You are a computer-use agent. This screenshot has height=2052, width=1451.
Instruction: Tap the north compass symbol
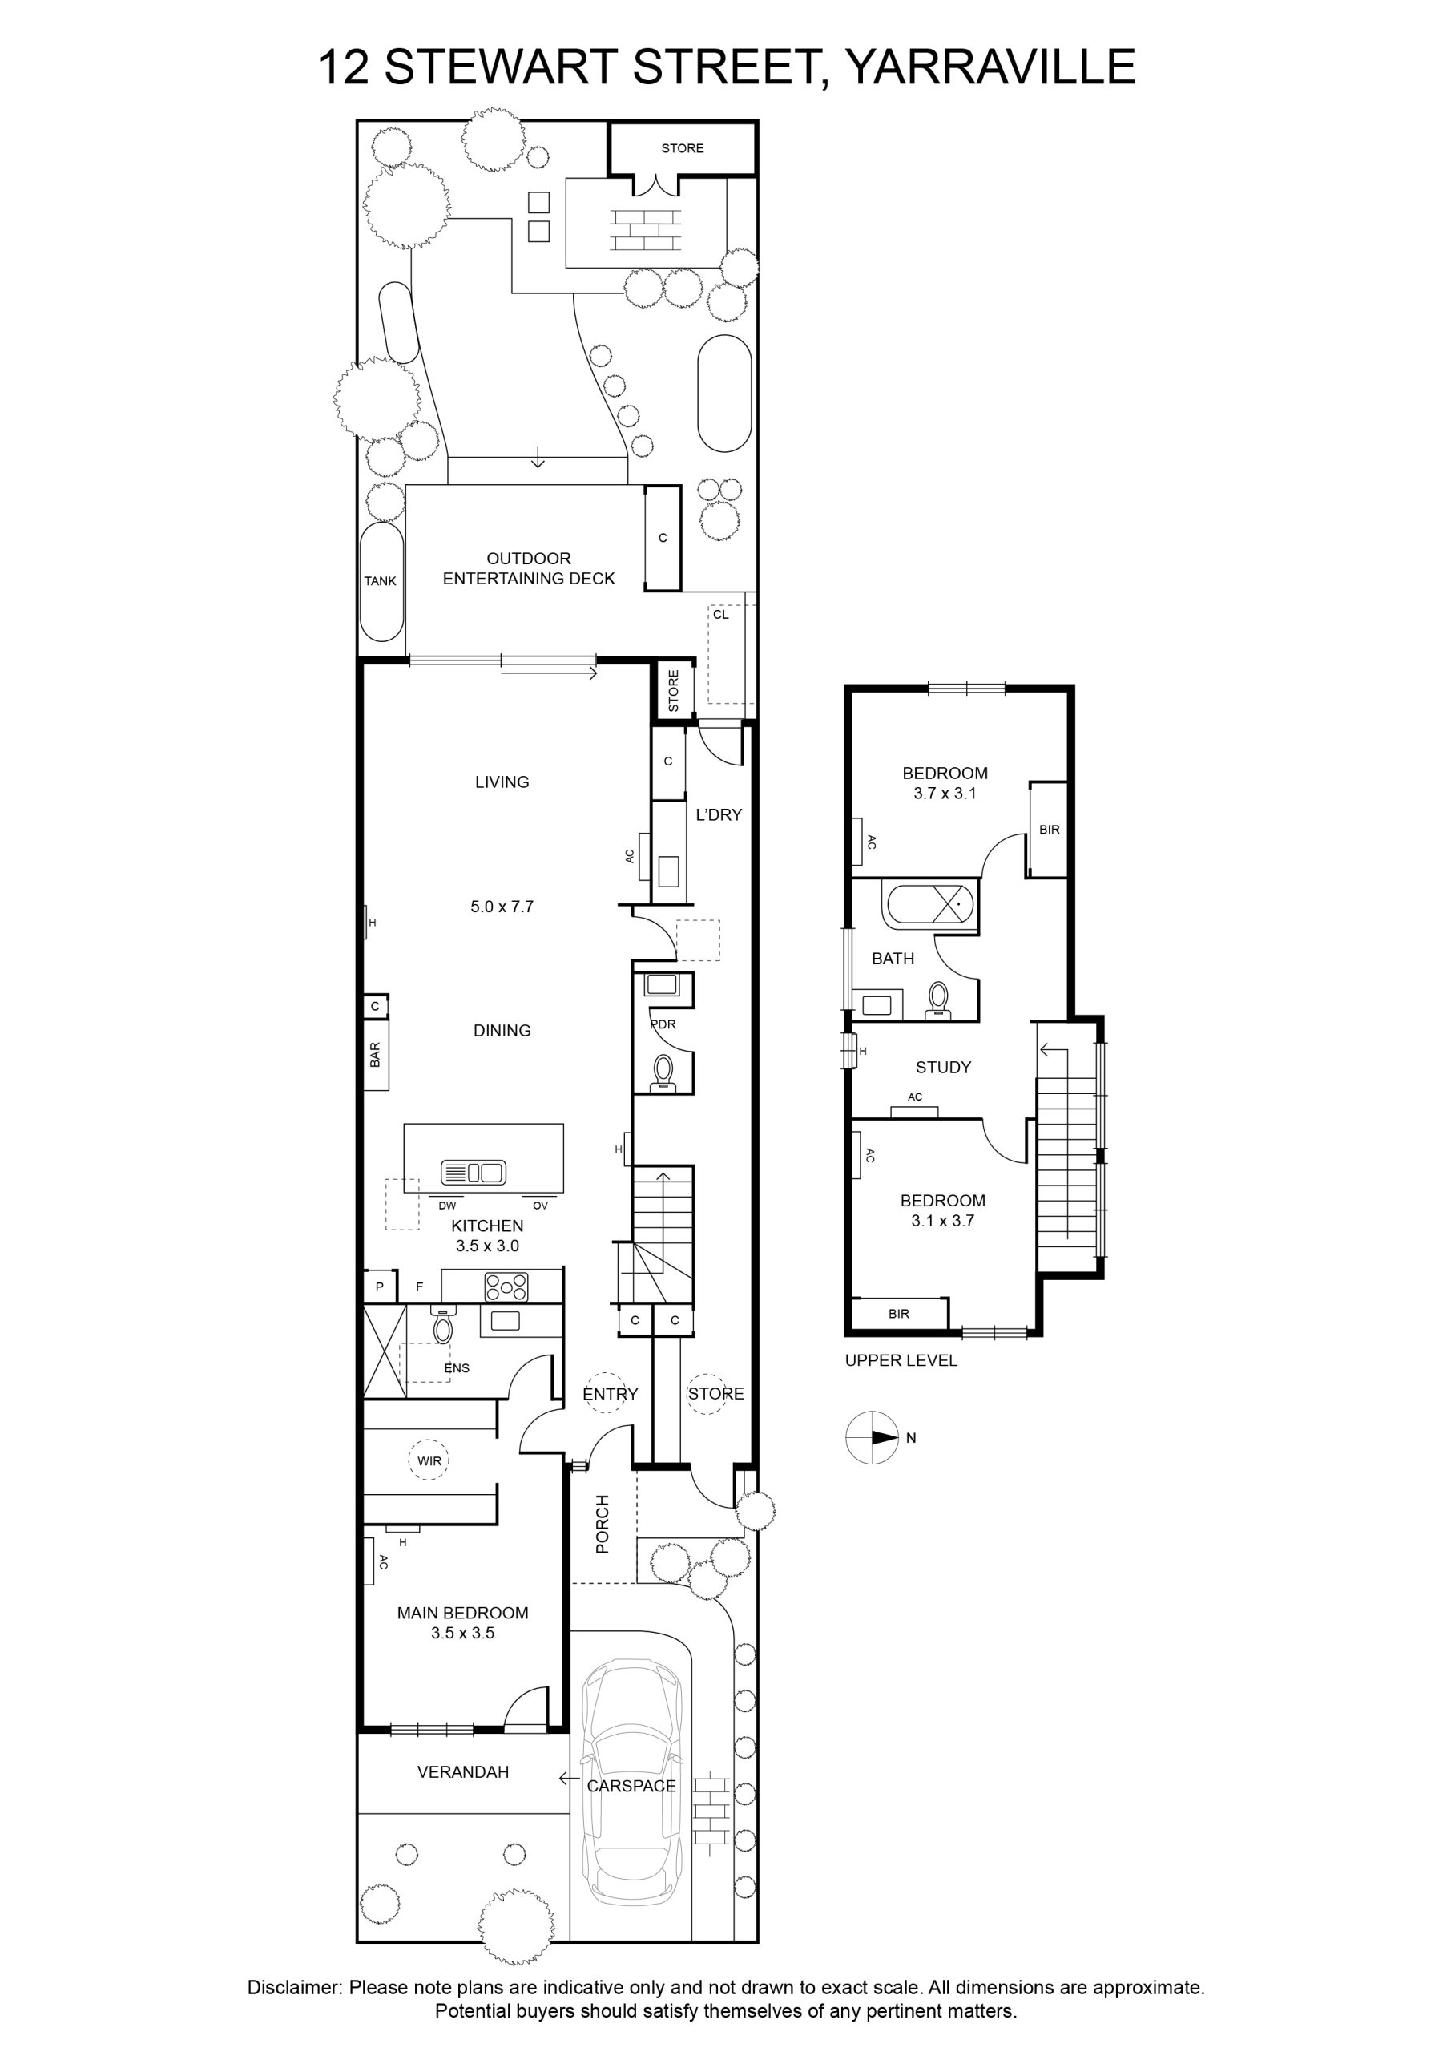[873, 1438]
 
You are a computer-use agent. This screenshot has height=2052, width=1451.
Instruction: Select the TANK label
[380, 581]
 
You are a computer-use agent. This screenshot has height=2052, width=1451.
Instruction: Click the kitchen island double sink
[474, 1173]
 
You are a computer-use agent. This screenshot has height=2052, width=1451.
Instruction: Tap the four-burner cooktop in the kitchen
[506, 1287]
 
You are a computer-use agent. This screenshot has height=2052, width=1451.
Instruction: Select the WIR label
[429, 1461]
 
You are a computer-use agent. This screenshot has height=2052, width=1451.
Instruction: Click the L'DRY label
[719, 814]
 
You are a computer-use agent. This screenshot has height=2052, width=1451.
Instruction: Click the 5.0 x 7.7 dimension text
[502, 907]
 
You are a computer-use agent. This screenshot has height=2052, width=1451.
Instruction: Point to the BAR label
[375, 1055]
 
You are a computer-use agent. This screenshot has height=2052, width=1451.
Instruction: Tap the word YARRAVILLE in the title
[990, 67]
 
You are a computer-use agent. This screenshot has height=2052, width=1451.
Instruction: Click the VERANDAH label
[463, 1771]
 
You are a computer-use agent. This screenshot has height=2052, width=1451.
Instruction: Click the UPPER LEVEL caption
[901, 1360]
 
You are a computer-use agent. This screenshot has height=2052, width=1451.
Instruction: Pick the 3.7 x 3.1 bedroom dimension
[945, 793]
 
